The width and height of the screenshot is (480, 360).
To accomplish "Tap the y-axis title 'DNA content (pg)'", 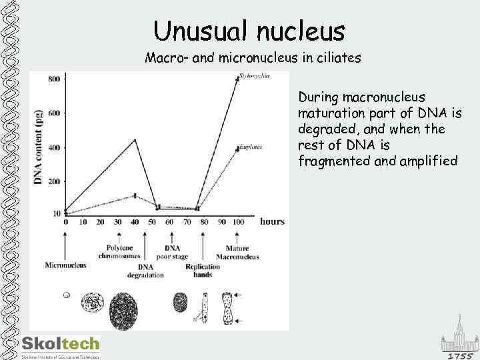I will (38, 147).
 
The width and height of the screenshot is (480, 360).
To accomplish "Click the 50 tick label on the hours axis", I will (152, 222).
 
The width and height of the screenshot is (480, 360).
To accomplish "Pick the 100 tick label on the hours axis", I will (238, 222).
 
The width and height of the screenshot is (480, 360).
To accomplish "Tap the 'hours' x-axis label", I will (272, 221).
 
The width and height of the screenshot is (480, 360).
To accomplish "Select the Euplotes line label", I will (251, 147).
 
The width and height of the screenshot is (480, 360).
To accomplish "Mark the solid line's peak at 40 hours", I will (135, 139).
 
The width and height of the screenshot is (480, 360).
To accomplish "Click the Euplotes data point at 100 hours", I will (237, 149).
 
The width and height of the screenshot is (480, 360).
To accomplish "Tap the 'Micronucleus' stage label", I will (65, 265).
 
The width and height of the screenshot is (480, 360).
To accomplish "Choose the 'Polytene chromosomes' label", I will (118, 251).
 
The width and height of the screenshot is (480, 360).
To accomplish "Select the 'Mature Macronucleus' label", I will (237, 251).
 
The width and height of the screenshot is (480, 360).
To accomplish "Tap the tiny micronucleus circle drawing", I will (65, 295).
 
